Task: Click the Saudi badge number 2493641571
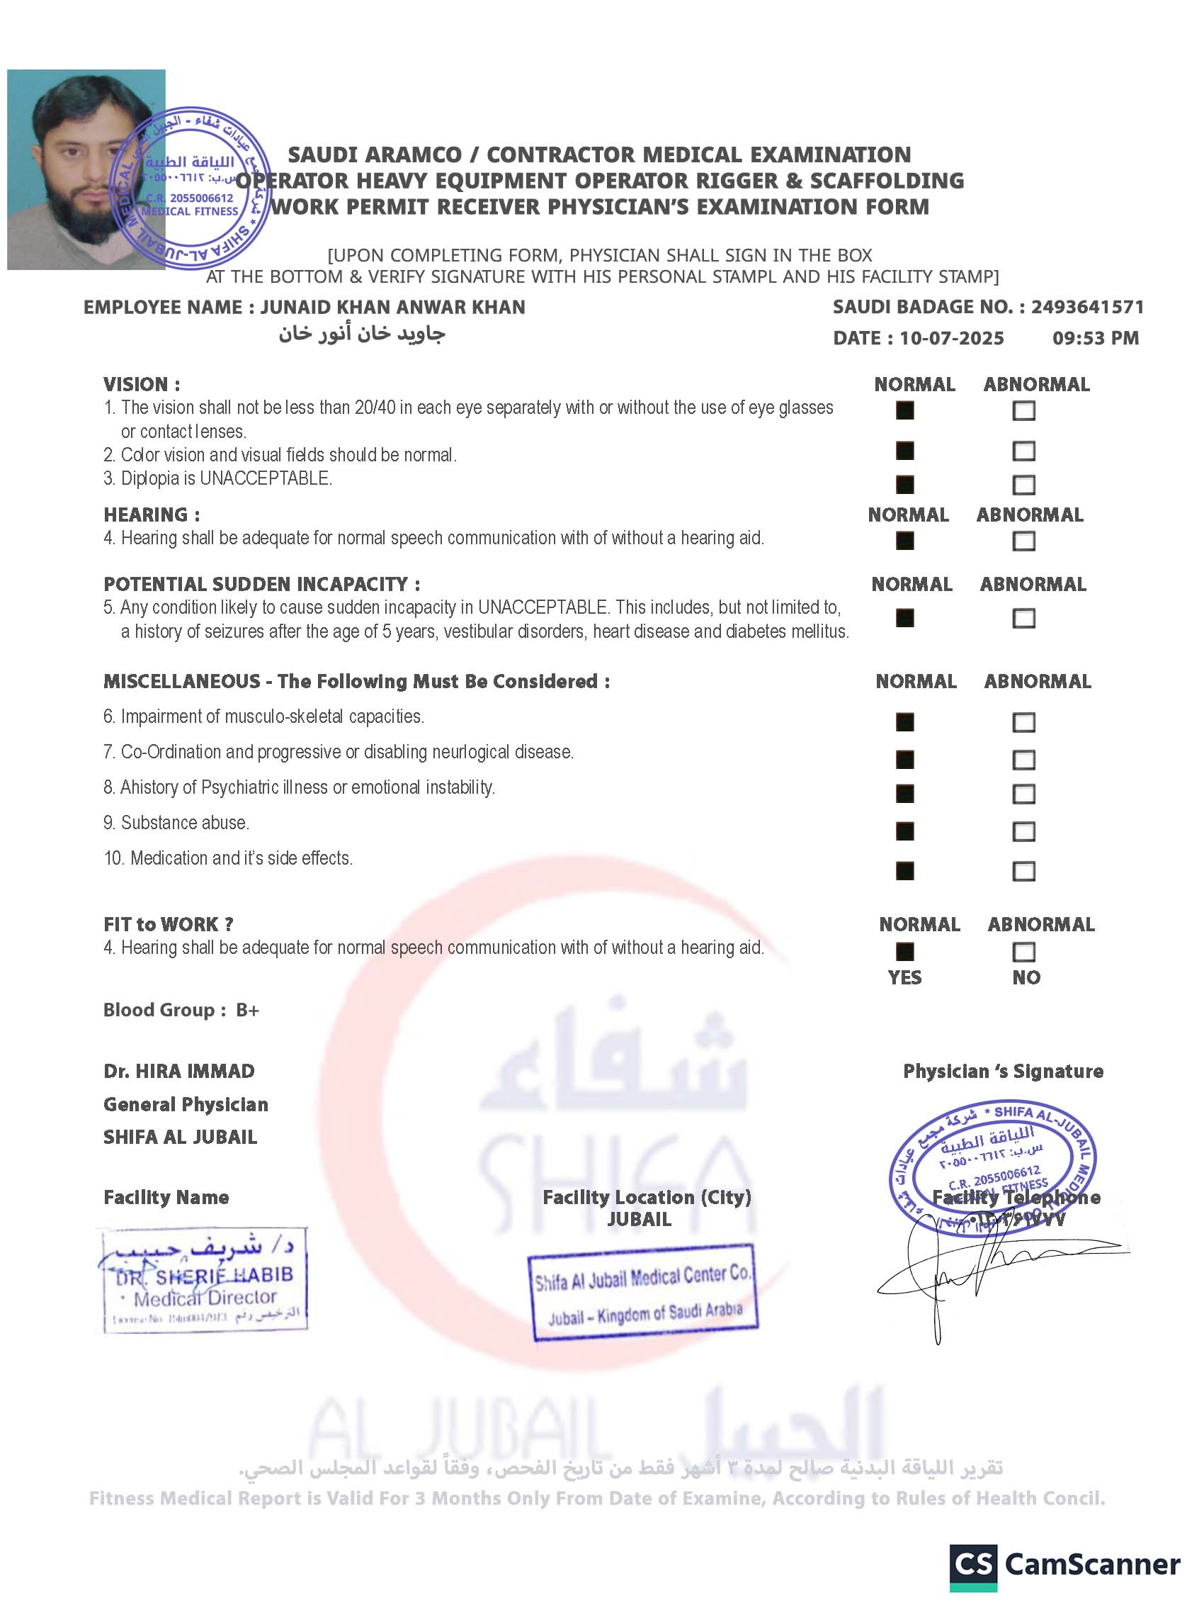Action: point(1086,307)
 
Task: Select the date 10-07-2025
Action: point(951,338)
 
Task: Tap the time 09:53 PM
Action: point(1095,338)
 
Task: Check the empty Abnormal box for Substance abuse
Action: point(1023,832)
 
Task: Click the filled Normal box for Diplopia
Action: point(904,485)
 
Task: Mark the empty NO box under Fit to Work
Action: point(1023,953)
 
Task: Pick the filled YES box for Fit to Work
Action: point(904,953)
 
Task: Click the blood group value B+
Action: point(247,1011)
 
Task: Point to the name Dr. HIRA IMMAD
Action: point(179,1072)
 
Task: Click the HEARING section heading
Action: point(152,515)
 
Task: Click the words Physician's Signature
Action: point(1003,1072)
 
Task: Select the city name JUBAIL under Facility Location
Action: point(639,1220)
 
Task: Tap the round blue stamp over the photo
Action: point(190,187)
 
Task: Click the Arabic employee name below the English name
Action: point(361,334)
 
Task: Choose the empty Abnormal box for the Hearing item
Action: point(1023,541)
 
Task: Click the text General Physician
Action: point(186,1105)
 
